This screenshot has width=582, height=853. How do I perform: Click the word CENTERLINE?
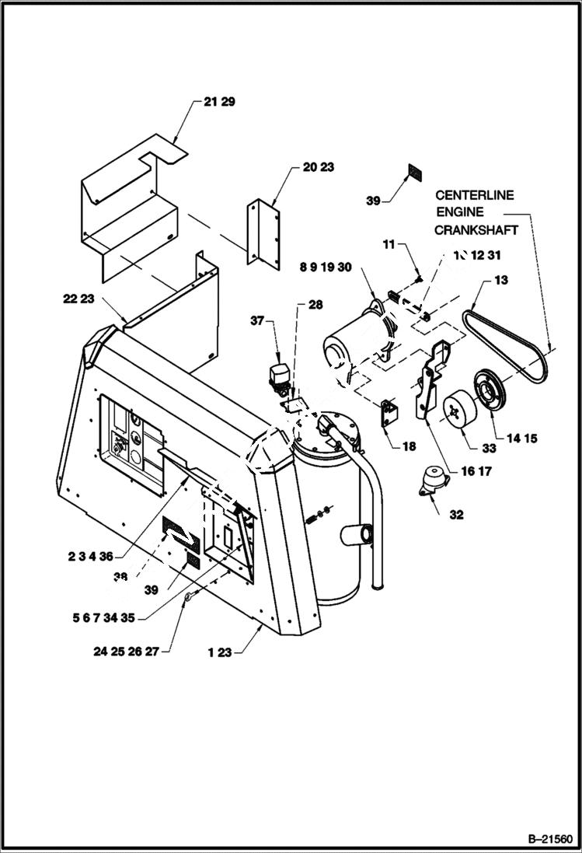click(474, 195)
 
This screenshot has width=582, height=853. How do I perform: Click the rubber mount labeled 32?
click(432, 482)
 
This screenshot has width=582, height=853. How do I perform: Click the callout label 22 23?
click(79, 297)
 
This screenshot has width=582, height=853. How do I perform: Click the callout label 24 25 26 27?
click(125, 652)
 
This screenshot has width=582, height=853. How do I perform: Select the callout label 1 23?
click(220, 653)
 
